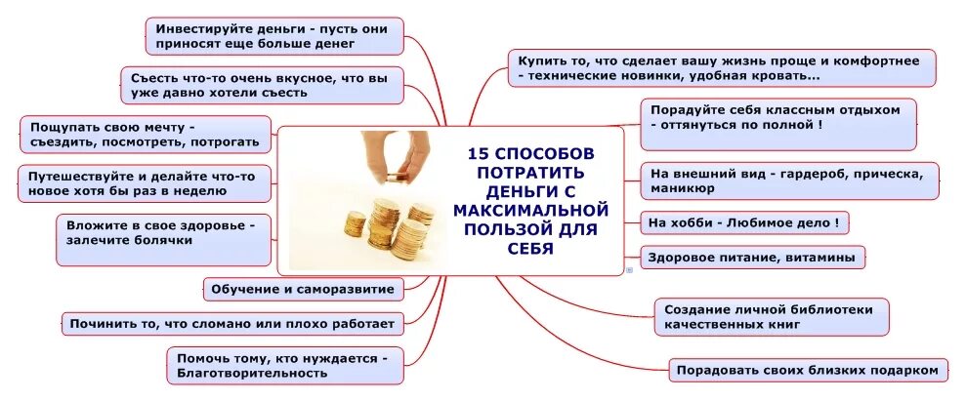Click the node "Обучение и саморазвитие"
coord(304,289)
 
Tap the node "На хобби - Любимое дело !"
coord(743,222)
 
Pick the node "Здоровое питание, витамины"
coord(752,258)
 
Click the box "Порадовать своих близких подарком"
coord(809,370)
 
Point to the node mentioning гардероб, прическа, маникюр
coord(789,180)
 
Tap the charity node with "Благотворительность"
coord(284,365)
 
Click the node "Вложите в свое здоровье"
coord(163,239)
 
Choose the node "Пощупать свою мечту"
coord(146,135)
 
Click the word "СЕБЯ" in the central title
coord(530,247)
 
